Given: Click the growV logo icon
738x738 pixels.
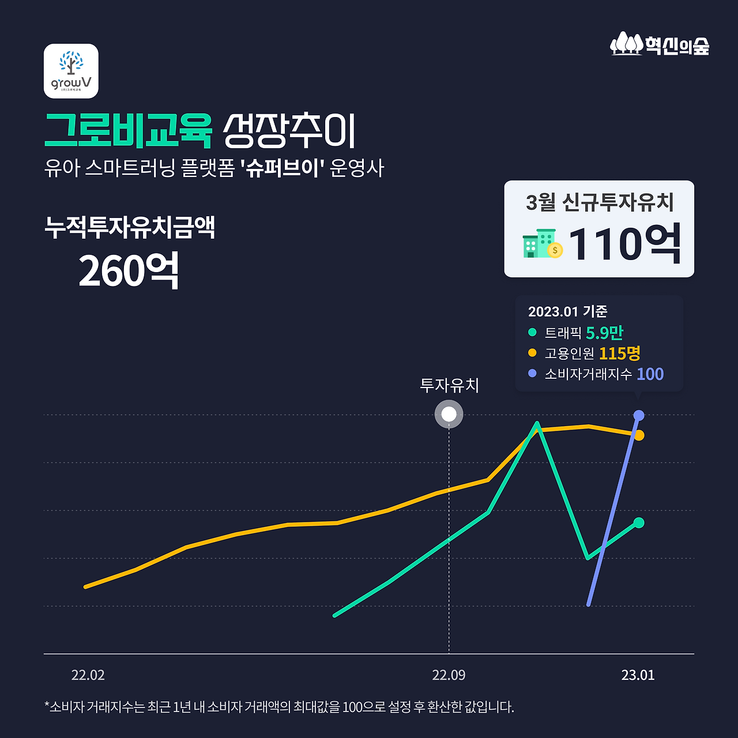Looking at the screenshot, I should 71,71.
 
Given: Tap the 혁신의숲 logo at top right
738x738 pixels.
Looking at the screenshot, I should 660,44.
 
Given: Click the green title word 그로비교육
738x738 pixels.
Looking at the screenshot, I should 129,131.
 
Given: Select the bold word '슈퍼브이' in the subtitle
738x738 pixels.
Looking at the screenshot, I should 283,168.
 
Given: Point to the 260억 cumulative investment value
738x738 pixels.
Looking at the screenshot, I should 129,271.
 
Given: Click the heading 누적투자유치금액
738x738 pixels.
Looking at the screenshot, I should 130,227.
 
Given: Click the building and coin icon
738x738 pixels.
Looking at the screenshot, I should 542,244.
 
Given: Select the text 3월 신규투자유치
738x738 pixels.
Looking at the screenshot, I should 600,202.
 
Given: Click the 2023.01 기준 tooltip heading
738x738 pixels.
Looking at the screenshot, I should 567,311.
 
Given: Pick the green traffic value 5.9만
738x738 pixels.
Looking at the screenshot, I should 604,333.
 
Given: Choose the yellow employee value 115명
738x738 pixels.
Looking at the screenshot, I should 620,353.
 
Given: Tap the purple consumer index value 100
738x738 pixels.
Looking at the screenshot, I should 650,374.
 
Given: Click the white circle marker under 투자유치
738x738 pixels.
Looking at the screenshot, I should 449,414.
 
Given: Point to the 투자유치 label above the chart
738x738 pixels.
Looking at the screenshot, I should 450,385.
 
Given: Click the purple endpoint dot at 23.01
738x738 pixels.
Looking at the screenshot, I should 639,415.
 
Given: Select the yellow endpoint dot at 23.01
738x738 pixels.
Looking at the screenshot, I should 639,435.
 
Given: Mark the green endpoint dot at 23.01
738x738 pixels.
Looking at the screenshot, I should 639,522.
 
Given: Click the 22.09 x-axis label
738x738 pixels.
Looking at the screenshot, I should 449,675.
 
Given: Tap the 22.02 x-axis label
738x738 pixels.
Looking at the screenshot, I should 88,675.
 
